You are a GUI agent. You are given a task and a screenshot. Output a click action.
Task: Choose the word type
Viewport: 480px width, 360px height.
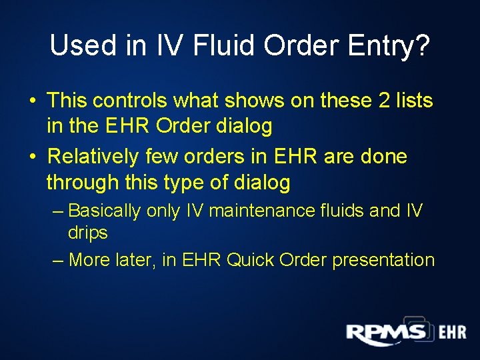point(189,181)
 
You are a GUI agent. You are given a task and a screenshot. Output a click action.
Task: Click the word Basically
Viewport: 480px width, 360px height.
point(104,211)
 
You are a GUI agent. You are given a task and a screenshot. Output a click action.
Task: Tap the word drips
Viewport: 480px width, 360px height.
point(87,233)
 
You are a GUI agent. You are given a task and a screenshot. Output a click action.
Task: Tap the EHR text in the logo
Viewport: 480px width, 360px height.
point(452,332)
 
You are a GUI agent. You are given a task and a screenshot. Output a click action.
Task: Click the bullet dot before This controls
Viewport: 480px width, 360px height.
point(32,101)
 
